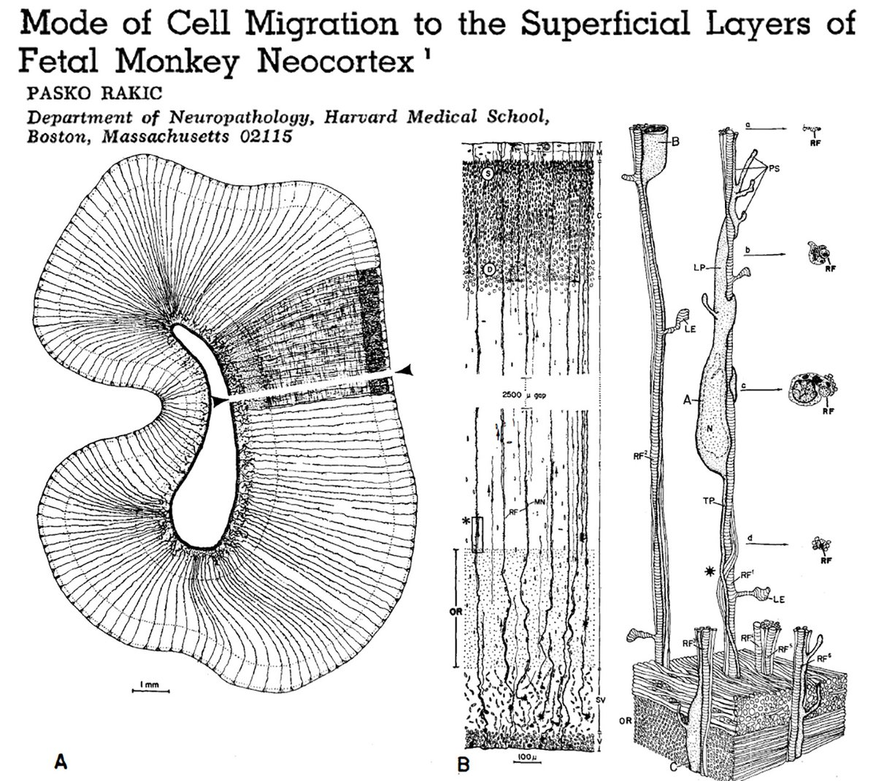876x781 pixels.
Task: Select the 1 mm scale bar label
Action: (x=150, y=682)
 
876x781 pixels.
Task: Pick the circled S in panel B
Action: (x=488, y=173)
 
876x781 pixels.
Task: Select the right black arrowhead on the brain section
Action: (x=407, y=372)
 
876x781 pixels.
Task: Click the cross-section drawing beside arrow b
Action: (x=815, y=253)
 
